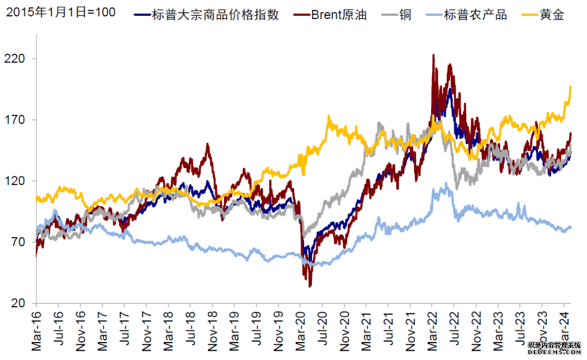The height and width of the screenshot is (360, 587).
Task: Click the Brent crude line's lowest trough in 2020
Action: pos(310,286)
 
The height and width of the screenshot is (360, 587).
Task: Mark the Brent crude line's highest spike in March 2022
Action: pos(433,55)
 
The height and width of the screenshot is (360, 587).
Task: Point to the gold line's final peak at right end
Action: pos(570,86)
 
